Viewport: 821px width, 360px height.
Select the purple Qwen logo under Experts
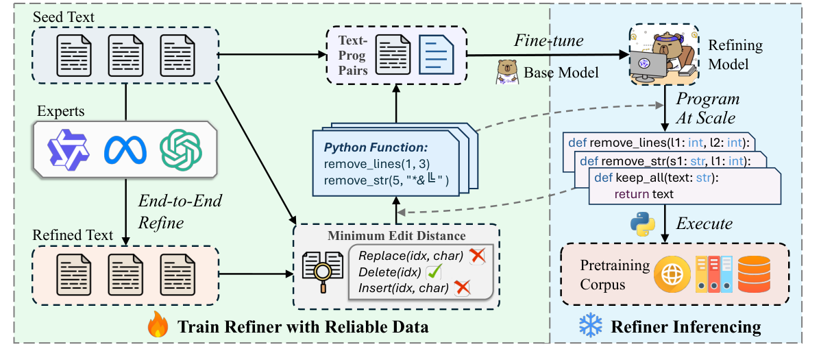tap(66, 149)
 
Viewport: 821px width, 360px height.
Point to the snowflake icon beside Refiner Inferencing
tap(589, 326)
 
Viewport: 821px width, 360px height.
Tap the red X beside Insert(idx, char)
tap(463, 289)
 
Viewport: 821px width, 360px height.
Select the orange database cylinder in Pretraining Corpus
tap(753, 272)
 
